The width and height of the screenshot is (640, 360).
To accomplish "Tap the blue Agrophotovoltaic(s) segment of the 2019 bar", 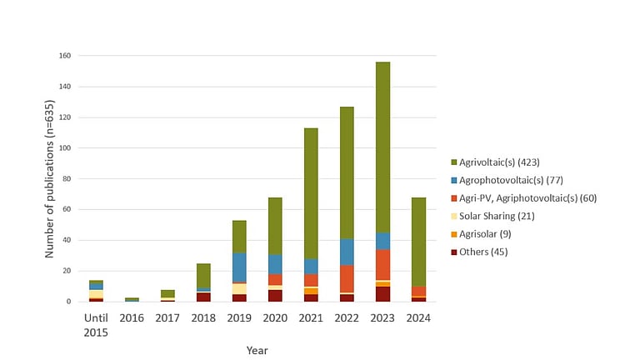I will (x=239, y=267).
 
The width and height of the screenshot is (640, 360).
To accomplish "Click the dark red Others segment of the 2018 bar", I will (x=203, y=297).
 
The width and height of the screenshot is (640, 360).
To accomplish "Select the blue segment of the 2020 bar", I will (x=274, y=264).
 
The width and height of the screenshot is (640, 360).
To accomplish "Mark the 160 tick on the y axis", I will (x=64, y=56).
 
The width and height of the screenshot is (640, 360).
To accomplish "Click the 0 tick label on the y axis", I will (x=69, y=302).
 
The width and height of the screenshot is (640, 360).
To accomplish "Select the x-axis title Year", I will (x=257, y=350).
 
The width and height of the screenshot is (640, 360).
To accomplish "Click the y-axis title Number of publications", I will (x=51, y=179).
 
